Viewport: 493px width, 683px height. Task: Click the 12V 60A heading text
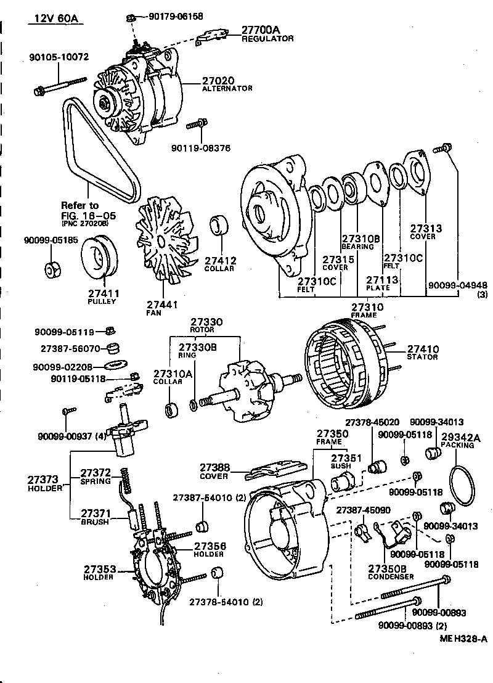click(x=52, y=18)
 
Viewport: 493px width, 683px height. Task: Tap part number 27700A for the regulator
click(x=260, y=30)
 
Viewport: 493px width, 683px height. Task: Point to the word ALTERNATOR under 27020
click(x=227, y=89)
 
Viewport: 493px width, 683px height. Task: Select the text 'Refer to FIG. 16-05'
click(x=79, y=210)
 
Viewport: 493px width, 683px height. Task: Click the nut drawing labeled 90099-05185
click(x=52, y=269)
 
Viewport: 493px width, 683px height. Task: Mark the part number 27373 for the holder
click(x=43, y=479)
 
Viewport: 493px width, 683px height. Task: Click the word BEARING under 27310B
click(x=358, y=247)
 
